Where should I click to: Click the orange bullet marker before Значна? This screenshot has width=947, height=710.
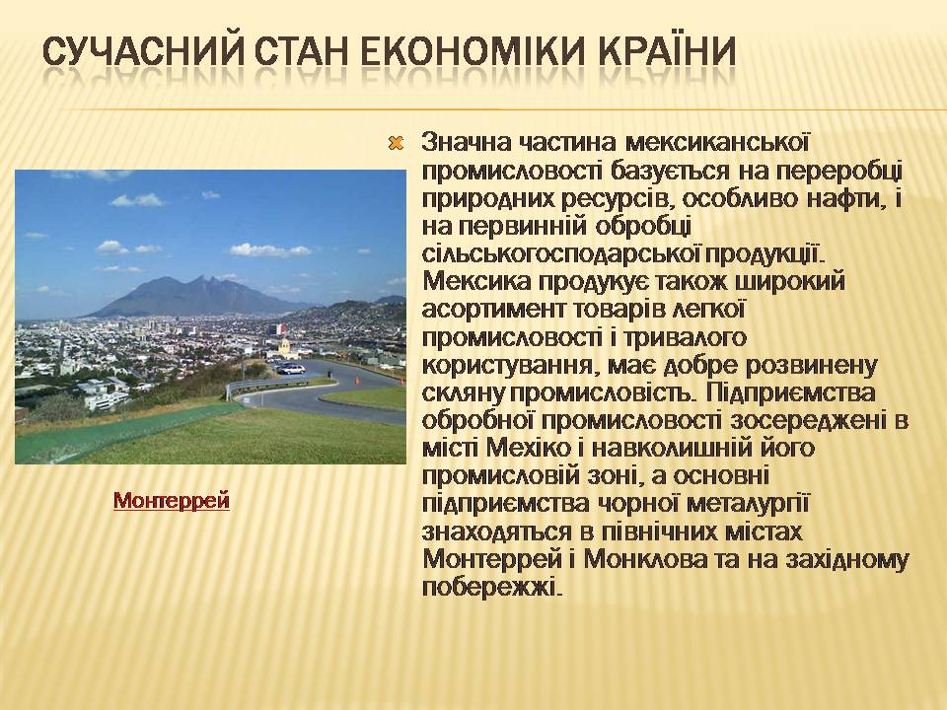396,144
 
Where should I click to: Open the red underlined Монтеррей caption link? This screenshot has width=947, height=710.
172,501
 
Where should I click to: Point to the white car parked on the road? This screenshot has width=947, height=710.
291,368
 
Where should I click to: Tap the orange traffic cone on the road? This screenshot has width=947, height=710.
356,381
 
